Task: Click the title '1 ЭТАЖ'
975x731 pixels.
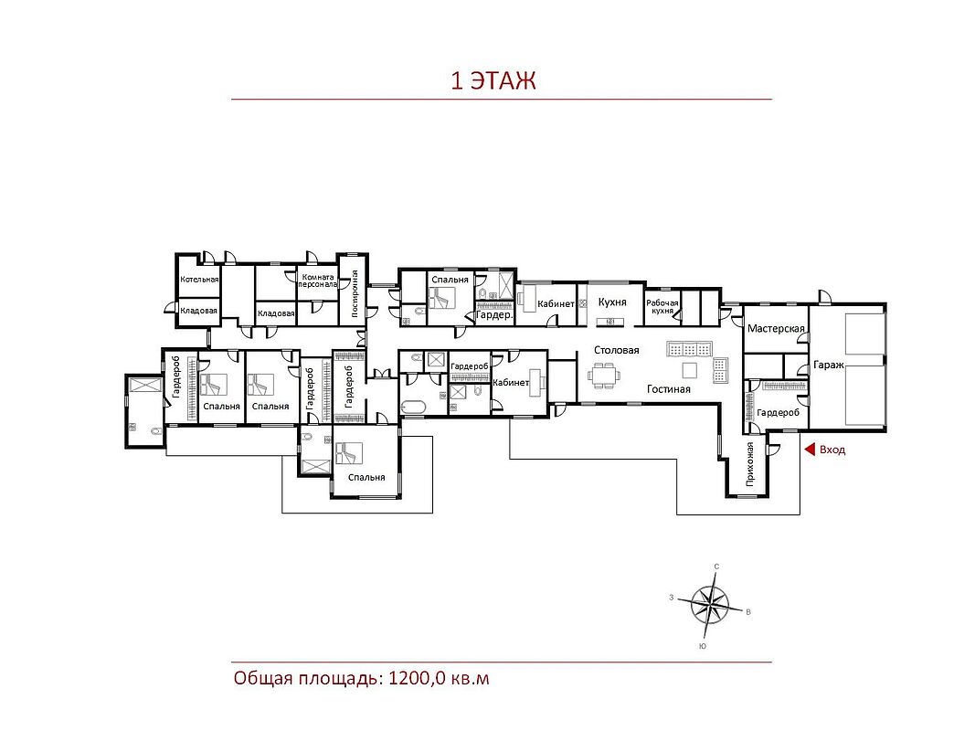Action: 493,80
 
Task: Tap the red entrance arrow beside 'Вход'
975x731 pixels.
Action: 810,450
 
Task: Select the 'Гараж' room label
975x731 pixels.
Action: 828,365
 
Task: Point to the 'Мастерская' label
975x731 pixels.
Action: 776,328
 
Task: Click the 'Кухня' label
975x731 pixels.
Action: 612,302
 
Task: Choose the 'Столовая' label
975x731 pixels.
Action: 616,350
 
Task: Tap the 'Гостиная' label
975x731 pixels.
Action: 669,389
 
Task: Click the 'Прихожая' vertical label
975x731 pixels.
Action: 750,463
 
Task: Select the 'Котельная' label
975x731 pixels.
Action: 199,279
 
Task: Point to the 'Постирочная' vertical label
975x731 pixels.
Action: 355,292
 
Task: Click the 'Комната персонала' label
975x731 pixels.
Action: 318,281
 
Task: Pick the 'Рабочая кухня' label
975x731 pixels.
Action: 662,306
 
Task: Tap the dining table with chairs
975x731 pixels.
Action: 603,376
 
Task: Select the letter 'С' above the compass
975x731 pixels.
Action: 717,567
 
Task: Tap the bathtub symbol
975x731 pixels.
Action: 413,408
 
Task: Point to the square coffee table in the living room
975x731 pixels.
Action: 690,370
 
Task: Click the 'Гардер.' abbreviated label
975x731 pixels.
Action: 494,315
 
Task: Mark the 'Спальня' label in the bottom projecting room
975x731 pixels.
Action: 366,477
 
